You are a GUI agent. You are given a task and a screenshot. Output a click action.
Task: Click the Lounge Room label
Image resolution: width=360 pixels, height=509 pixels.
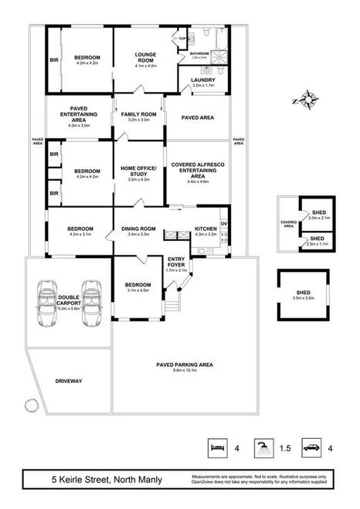(x=145, y=58)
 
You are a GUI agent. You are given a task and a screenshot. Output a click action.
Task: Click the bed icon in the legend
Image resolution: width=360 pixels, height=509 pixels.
(x=217, y=447)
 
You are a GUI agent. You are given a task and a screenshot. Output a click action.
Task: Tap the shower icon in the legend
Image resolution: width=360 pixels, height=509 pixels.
(x=264, y=447)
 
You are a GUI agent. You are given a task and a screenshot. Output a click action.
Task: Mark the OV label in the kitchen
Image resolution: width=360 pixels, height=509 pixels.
(x=224, y=223)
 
